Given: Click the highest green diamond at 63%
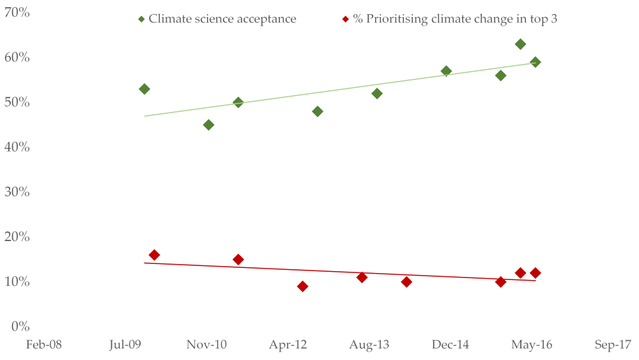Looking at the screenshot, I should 520,44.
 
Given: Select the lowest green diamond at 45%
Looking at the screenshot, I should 208,125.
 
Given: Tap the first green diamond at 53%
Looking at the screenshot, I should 144,89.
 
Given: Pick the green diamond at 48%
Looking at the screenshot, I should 318,111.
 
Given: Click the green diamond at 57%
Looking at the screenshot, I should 446,71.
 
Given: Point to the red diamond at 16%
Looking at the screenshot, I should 154,255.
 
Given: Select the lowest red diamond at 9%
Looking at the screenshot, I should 302,286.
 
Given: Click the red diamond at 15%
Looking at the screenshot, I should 238,260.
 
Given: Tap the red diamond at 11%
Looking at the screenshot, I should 362,278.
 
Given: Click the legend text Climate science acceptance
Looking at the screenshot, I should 222,19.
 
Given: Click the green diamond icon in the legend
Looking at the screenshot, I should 141,19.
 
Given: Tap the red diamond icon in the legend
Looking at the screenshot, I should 346,19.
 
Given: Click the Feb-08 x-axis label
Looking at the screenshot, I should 43,345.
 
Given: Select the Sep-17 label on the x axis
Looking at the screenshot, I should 613,345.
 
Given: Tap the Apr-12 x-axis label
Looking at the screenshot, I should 288,345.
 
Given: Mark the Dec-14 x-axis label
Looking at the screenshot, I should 450,345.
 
